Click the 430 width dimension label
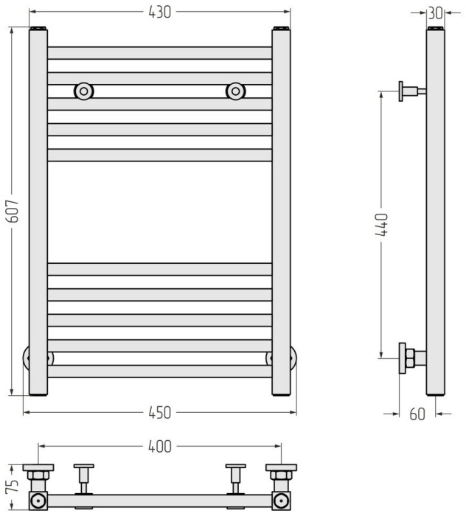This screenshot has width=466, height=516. [x=159, y=13]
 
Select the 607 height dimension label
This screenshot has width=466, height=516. [x=14, y=211]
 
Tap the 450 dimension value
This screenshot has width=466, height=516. [x=159, y=413]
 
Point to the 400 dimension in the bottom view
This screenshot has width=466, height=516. [x=159, y=447]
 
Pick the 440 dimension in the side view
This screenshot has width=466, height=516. [x=382, y=224]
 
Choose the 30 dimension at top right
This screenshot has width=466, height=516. [x=435, y=13]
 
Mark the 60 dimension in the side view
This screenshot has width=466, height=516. [x=417, y=414]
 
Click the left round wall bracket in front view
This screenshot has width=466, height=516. [x=84, y=91]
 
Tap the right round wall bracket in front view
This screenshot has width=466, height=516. [x=236, y=91]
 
